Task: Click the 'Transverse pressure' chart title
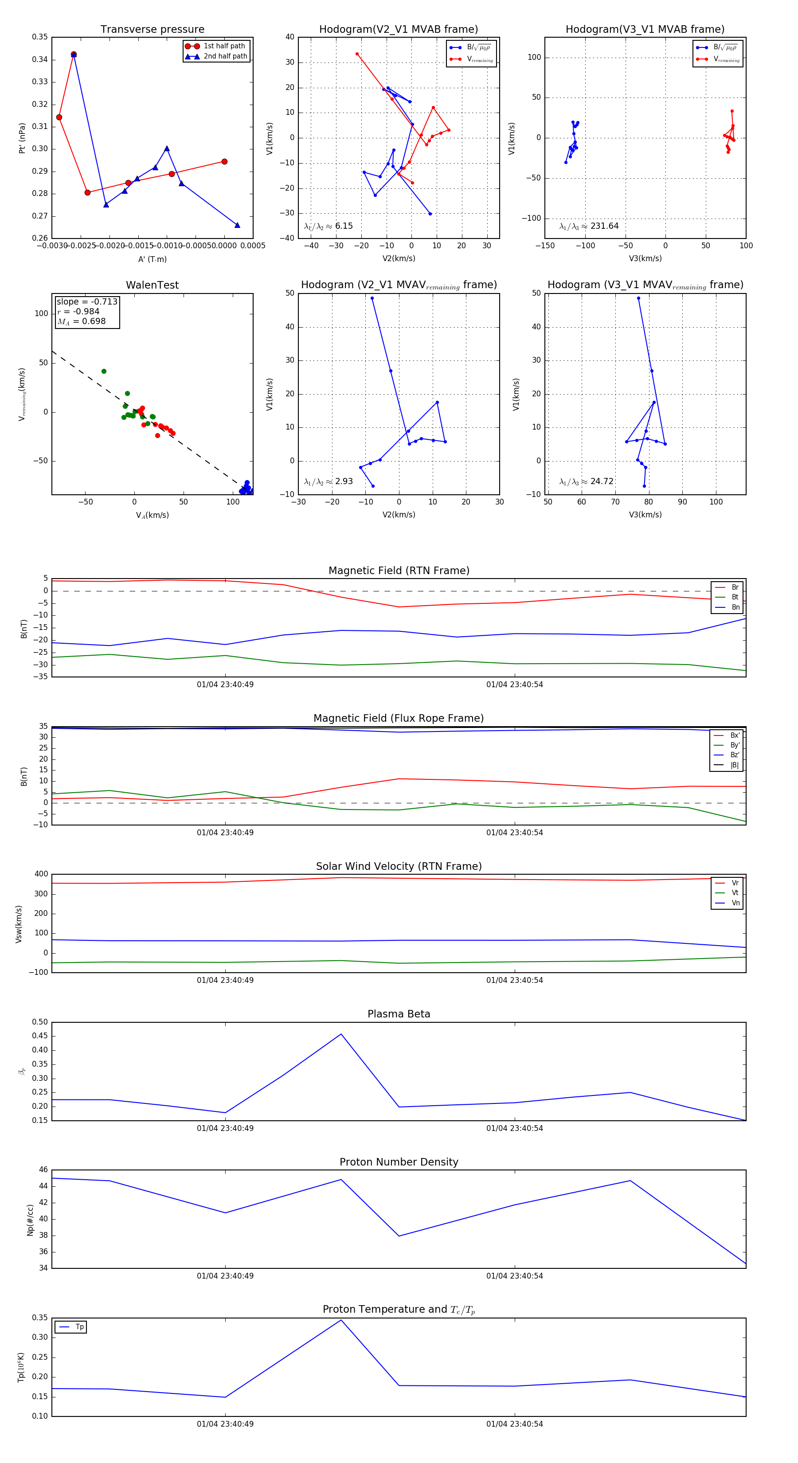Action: pyautogui.click(x=152, y=30)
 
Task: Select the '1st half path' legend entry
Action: pyautogui.click(x=224, y=46)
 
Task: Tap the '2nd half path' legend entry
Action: pyautogui.click(x=225, y=56)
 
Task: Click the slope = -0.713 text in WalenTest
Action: pyautogui.click(x=87, y=301)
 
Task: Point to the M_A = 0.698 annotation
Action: pyautogui.click(x=81, y=321)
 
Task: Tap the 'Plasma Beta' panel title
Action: pyautogui.click(x=399, y=1014)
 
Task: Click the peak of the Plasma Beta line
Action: pyautogui.click(x=341, y=1034)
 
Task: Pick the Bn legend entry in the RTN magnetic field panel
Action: pyautogui.click(x=735, y=607)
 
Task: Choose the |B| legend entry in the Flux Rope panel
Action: pyautogui.click(x=734, y=765)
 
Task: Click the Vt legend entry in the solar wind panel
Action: pyautogui.click(x=735, y=893)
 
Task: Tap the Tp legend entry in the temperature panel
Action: pyautogui.click(x=79, y=1327)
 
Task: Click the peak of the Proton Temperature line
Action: pyautogui.click(x=341, y=1320)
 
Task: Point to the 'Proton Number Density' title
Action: pyautogui.click(x=399, y=1162)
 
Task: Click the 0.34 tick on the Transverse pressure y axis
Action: pyautogui.click(x=40, y=60)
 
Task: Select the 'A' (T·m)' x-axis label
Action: pyautogui.click(x=152, y=259)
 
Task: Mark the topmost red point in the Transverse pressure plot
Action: pyautogui.click(x=73, y=55)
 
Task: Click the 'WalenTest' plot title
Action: pyautogui.click(x=152, y=285)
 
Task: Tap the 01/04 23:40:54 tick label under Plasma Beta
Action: pyautogui.click(x=514, y=1128)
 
